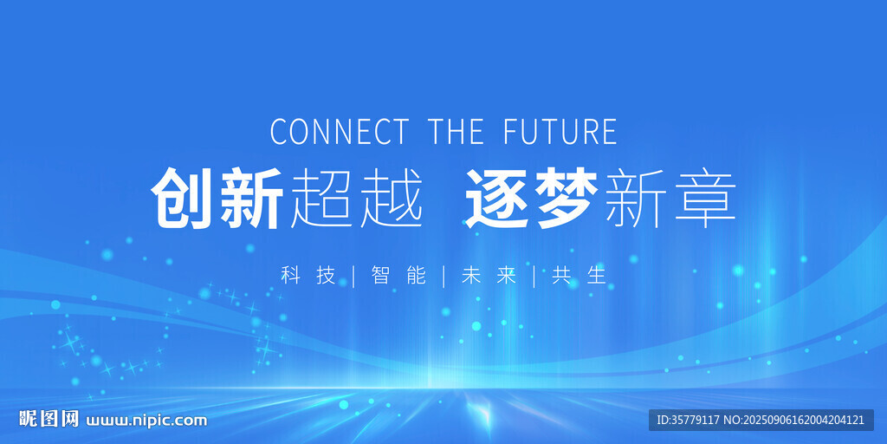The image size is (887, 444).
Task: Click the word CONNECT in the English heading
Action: coord(339,132)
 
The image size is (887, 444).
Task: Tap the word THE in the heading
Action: coord(456,132)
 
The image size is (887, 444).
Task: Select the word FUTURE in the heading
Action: coord(560,132)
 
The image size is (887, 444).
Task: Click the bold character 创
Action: coord(184,199)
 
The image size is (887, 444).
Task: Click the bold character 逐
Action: coord(498,199)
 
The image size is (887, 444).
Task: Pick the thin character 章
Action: coord(705,199)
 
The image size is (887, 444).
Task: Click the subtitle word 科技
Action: coord(308,276)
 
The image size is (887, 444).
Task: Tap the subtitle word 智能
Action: coord(398,276)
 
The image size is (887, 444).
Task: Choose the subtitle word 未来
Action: coord(489,276)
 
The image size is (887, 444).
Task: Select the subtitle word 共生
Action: coord(579,276)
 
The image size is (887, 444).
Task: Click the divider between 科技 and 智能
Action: coord(353,276)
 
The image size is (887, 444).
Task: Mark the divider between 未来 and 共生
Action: coord(534,276)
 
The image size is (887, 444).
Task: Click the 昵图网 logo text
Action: coord(49,420)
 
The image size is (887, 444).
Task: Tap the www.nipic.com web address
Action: coord(146,421)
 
